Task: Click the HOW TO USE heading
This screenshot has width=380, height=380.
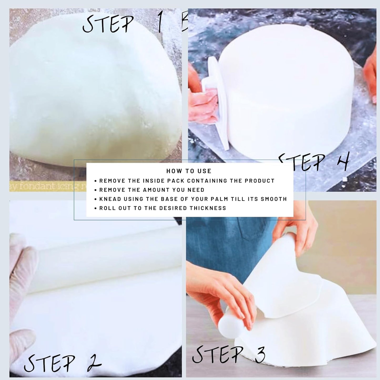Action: (189, 171)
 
